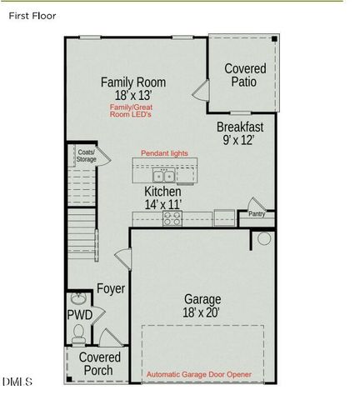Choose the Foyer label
pos(110,289)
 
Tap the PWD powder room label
pos(79,315)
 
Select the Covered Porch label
pos(100,364)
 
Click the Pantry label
pos(257,214)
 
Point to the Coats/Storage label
pos(87,156)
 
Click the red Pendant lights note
pos(164,153)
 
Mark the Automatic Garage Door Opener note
pos(210,375)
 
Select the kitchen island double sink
pos(163,177)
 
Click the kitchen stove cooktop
pos(172,217)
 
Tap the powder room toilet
pos(78,335)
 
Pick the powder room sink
pos(78,298)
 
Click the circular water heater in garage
pos(263,239)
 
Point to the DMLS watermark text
pos(17,382)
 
